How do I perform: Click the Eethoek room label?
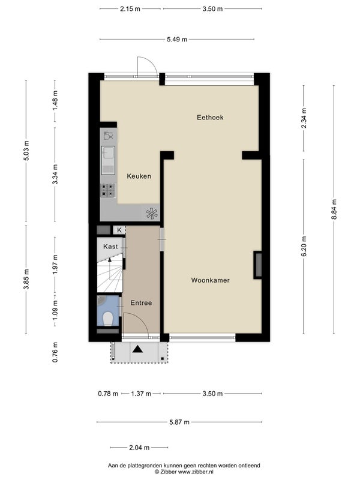coord(210,117)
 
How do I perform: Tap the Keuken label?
coord(139,176)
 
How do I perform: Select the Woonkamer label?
coord(211,280)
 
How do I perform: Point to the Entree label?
coord(141,303)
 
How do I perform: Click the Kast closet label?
coord(110,247)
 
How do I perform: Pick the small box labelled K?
coord(119,230)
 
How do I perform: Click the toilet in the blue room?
coord(107,319)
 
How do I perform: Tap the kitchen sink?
coord(108,160)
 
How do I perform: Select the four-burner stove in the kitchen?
coord(108,190)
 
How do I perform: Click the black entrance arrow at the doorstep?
coord(137,349)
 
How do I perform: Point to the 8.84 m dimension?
coord(334,209)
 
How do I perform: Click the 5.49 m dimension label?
coord(177,39)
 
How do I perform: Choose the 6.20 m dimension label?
coord(304,247)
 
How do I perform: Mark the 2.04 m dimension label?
coord(139,448)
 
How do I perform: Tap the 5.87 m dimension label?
coord(179,422)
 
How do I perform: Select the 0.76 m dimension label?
coord(55,352)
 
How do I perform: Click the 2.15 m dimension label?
coord(130,9)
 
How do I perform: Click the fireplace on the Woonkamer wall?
coord(258,265)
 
